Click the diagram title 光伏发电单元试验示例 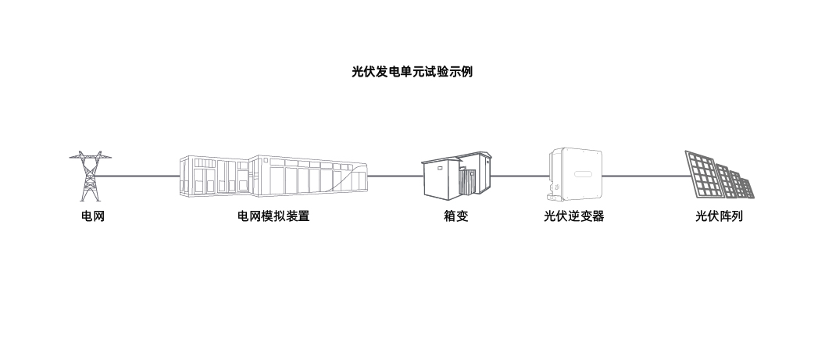click(x=412, y=72)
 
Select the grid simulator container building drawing click(x=273, y=175)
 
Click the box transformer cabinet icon click(x=455, y=175)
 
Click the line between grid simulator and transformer click(x=395, y=176)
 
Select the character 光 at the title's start click(x=358, y=72)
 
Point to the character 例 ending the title click(x=466, y=72)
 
